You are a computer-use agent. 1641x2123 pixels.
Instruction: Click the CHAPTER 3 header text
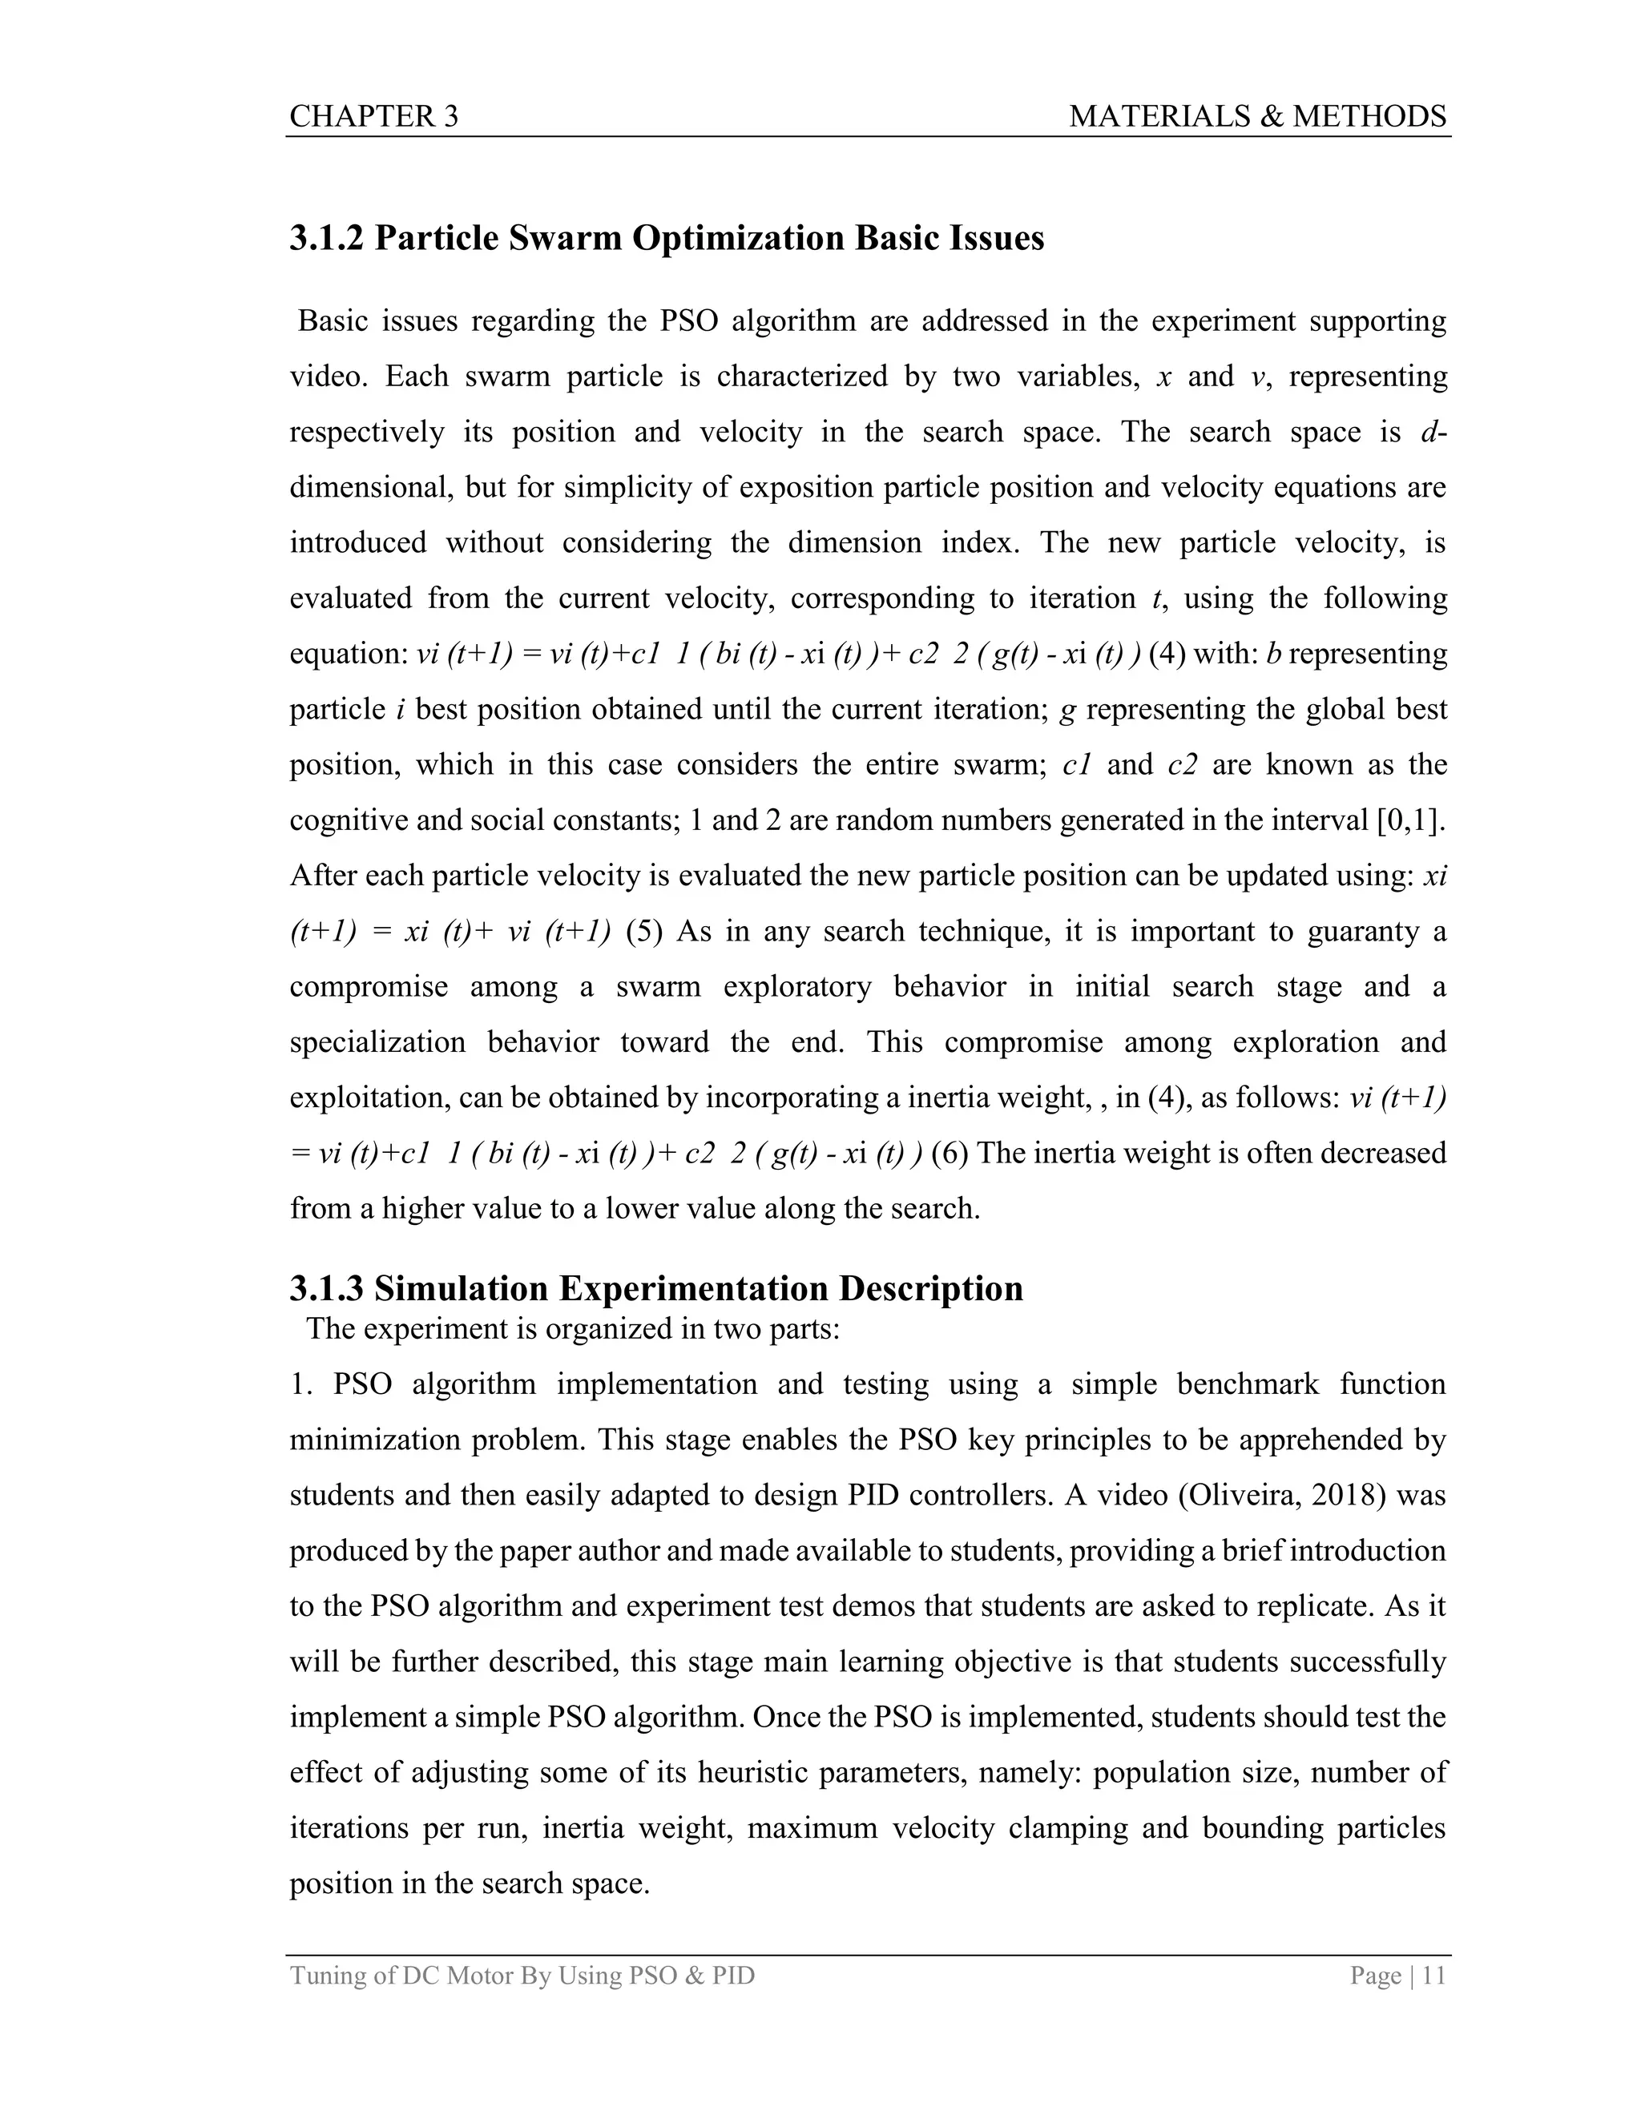point(373,117)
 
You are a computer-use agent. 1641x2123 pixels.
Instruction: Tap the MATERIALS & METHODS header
point(1257,117)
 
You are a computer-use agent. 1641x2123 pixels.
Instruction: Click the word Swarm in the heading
point(564,238)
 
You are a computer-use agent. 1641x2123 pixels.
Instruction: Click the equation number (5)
point(643,931)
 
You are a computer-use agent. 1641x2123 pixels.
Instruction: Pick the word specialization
point(377,1042)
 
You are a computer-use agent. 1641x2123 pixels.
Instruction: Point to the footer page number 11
point(1434,1976)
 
